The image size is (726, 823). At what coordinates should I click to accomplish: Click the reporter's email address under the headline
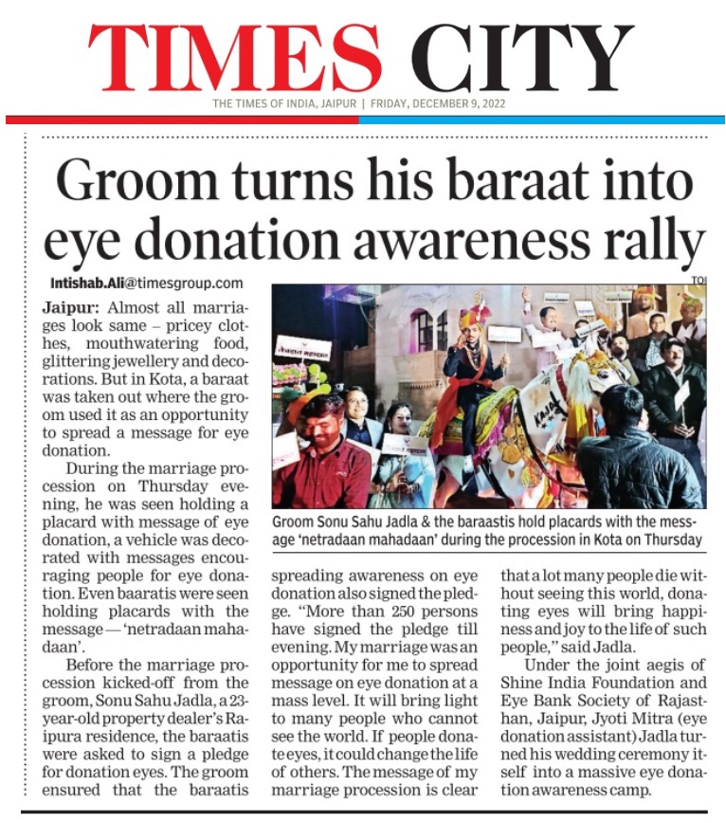pos(146,283)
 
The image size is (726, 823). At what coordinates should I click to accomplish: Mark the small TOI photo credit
pos(699,280)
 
